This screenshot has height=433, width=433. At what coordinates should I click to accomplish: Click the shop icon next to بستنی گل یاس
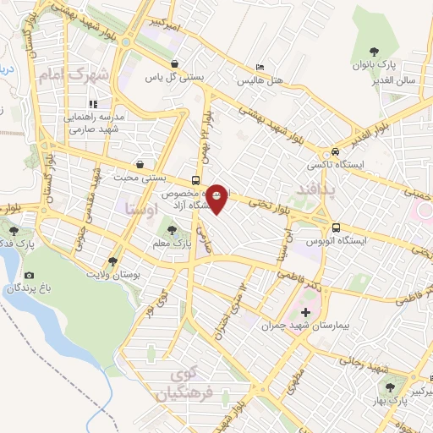click(x=173, y=64)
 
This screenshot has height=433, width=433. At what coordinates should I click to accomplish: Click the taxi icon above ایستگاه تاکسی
click(x=336, y=152)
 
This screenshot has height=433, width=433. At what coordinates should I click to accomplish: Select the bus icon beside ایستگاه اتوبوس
click(x=337, y=227)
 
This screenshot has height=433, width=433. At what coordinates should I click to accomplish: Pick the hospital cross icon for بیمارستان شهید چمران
click(x=305, y=313)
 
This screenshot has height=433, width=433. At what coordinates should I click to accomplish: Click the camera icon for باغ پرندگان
click(x=30, y=276)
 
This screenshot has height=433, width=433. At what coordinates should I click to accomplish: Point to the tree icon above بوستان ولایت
click(x=113, y=261)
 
